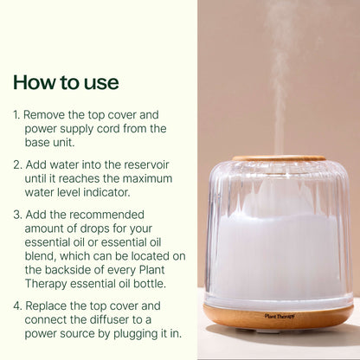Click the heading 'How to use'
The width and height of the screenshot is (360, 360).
click(66, 83)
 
